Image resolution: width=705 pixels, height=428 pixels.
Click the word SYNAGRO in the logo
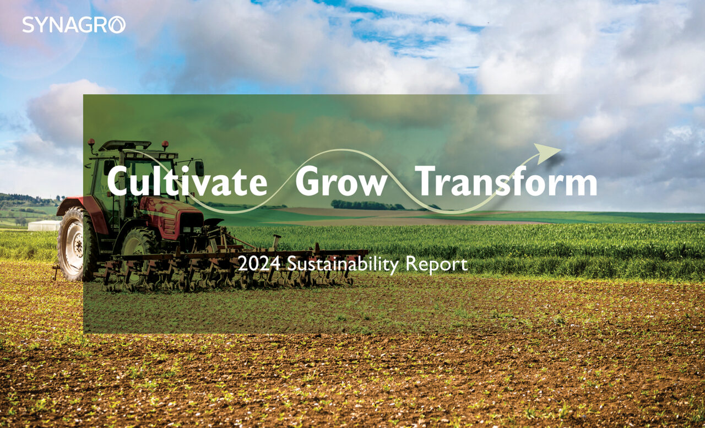73,25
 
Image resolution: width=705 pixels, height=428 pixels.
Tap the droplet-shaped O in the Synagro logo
117,25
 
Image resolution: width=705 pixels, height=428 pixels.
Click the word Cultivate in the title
187,182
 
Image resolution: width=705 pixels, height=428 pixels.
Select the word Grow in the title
341,182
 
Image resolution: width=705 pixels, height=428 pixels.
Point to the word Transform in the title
506,182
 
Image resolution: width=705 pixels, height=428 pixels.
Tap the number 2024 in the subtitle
259,264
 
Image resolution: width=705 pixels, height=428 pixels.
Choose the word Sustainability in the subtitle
343,264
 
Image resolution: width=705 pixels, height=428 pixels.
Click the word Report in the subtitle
436,264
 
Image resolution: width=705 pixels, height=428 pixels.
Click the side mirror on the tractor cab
199,167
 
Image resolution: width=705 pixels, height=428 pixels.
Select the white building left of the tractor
44,225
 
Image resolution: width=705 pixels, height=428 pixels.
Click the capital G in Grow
308,182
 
